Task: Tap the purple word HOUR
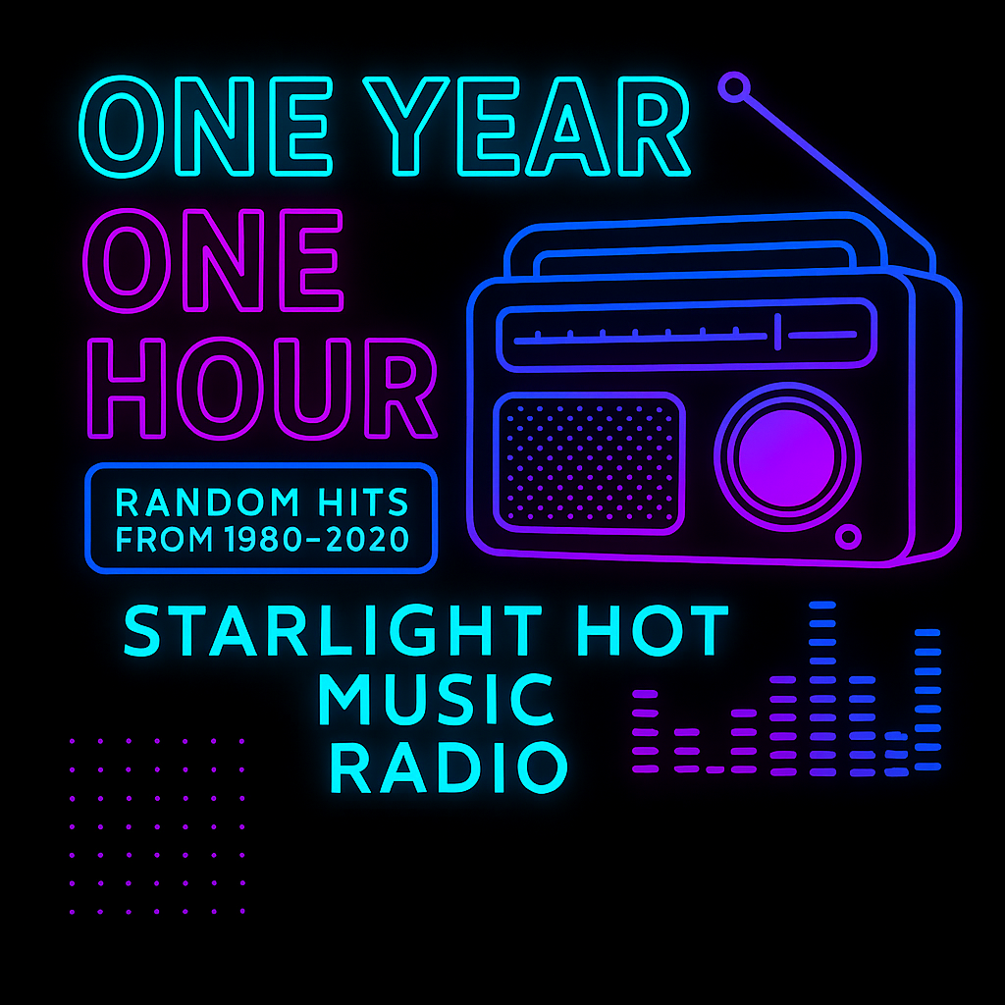(x=262, y=389)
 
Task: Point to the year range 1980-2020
(x=317, y=539)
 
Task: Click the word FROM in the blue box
(x=164, y=539)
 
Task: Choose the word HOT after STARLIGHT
(x=653, y=631)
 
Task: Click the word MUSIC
(x=435, y=699)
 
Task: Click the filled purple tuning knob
(x=786, y=457)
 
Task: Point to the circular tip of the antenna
(x=734, y=86)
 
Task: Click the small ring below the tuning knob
(x=848, y=537)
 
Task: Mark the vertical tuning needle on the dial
(x=777, y=332)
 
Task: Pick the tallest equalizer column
(x=822, y=689)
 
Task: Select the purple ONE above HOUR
(x=213, y=260)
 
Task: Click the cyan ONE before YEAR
(x=206, y=126)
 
